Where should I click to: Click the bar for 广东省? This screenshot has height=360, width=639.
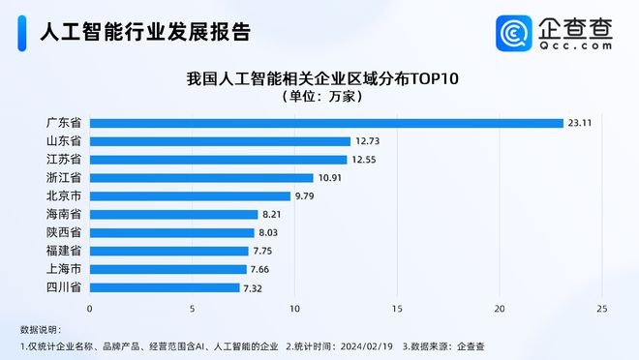click(326, 123)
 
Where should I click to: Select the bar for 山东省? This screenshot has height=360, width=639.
click(220, 141)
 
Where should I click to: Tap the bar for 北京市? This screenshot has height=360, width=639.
click(190, 196)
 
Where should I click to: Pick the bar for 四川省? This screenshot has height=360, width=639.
click(165, 287)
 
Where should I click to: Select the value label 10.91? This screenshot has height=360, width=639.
click(330, 178)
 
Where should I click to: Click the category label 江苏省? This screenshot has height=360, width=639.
click(63, 160)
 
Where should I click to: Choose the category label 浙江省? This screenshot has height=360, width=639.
click(63, 178)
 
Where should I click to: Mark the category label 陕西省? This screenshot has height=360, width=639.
click(63, 233)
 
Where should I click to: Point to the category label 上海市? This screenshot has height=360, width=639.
click(63, 269)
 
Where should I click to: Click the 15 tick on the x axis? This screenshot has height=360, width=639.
click(397, 309)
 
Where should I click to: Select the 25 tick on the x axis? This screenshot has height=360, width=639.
click(602, 309)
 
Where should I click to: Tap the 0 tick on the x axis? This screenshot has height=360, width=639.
click(90, 309)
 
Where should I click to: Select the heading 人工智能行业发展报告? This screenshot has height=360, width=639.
click(145, 33)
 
